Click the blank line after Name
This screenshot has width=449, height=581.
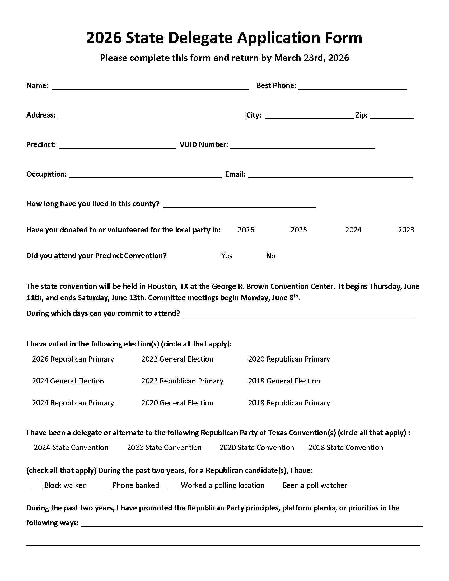point(151,87)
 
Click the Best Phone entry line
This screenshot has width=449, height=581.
point(352,87)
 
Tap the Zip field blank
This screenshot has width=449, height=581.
point(391,116)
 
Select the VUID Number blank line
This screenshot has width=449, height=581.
point(303,146)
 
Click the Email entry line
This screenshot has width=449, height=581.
point(330,175)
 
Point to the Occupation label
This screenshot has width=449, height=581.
point(46,174)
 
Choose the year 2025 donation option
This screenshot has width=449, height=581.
point(298,230)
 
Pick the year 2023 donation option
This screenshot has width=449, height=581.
point(406,230)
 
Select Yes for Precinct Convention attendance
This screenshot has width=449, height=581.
point(227,256)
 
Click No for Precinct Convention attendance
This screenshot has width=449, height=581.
point(270,256)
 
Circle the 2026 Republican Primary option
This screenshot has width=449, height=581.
point(73,359)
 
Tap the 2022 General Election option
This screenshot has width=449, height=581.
point(177,359)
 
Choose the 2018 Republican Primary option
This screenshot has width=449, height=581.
point(289,403)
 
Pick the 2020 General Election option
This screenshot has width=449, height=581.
point(177,403)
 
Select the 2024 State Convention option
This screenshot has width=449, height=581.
point(71,448)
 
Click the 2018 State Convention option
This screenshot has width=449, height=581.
point(345,448)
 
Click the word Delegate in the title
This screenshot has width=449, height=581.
point(200,38)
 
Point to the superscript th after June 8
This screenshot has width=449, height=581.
point(296,296)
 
